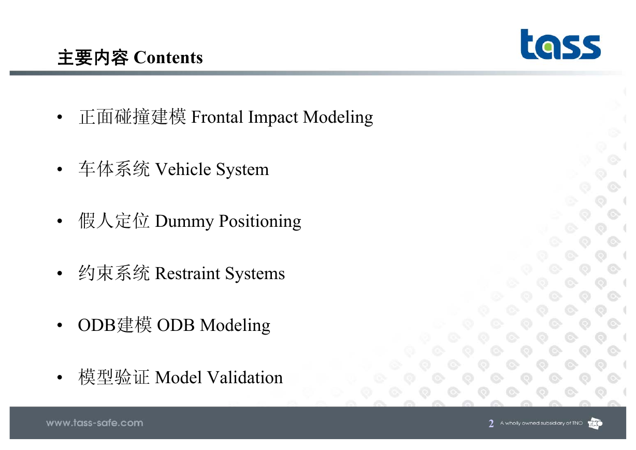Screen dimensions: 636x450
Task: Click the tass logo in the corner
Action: pyautogui.click(x=560, y=44)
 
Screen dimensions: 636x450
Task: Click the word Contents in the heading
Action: pyautogui.click(x=168, y=57)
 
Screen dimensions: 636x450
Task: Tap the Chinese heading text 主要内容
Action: pyautogui.click(x=93, y=57)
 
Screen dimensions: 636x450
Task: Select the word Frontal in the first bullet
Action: pyautogui.click(x=217, y=117)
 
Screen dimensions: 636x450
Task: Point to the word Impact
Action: pyautogui.click(x=273, y=118)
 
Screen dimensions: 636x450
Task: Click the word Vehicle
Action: pyautogui.click(x=183, y=169)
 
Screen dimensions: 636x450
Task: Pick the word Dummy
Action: pyautogui.click(x=184, y=222)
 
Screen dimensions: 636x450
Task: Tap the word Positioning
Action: pyautogui.click(x=260, y=222)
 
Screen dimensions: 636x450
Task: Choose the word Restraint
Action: pyautogui.click(x=187, y=274)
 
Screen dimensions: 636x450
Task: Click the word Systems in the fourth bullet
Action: pyautogui.click(x=255, y=274)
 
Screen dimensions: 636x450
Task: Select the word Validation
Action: pyautogui.click(x=245, y=378)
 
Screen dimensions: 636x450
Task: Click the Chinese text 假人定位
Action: pyautogui.click(x=114, y=221)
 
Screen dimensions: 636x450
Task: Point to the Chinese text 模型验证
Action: pyautogui.click(x=114, y=377)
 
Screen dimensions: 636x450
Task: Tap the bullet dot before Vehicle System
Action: pyautogui.click(x=60, y=169)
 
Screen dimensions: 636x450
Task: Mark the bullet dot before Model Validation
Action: pyautogui.click(x=60, y=378)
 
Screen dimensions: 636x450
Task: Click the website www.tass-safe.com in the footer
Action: pyautogui.click(x=95, y=423)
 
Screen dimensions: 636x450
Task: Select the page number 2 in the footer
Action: pyautogui.click(x=491, y=424)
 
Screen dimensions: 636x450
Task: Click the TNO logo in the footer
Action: pyautogui.click(x=595, y=424)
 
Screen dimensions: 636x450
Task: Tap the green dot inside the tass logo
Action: pyautogui.click(x=549, y=47)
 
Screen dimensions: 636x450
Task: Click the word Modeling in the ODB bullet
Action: pyautogui.click(x=235, y=326)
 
